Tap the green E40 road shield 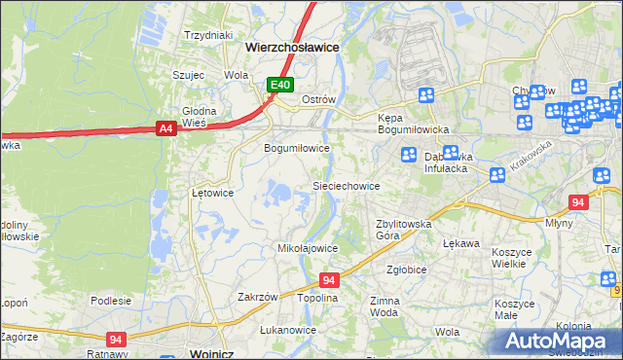coord(280,86)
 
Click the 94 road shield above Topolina coord(329,279)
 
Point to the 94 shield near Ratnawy coord(116,339)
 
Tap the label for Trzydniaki coord(209,35)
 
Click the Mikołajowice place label coord(308,248)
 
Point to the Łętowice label coord(212,193)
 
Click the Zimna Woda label coord(384,307)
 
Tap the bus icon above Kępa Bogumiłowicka coord(425,95)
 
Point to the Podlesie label coord(111,301)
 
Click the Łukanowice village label coord(288,330)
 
